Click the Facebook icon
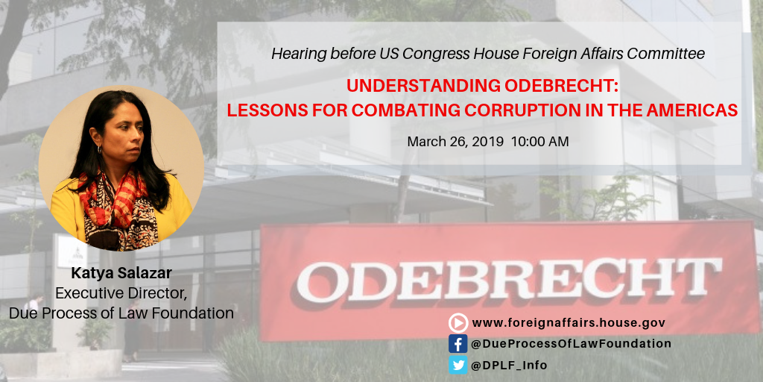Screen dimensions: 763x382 coord(458,343)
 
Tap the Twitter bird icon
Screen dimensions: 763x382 coord(458,365)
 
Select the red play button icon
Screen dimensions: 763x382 coord(458,322)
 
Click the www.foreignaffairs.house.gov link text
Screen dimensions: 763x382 coord(569,322)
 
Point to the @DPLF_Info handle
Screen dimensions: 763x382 coord(509,365)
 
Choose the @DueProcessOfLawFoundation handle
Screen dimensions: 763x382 coord(572,343)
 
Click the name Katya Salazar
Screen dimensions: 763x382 coord(121,273)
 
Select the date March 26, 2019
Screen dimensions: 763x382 coord(455,143)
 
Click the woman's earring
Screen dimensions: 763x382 coord(100,149)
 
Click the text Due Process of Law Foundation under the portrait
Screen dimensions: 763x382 coord(121,313)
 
